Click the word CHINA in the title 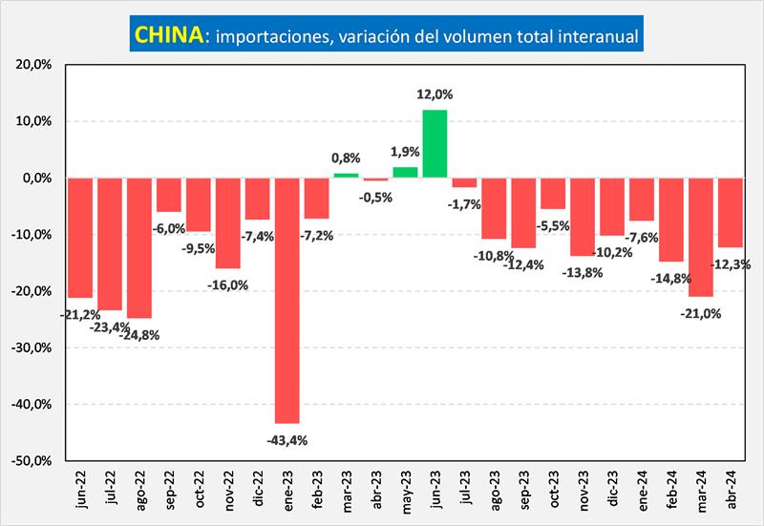tap(168, 35)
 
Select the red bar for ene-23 tap(286, 300)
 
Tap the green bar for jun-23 tap(435, 143)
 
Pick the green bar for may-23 tap(405, 172)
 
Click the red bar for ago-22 tap(138, 247)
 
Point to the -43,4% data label tap(286, 440)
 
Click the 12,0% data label tap(435, 95)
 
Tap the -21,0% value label tap(701, 312)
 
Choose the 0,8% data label tap(347, 158)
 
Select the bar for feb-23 tap(316, 198)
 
